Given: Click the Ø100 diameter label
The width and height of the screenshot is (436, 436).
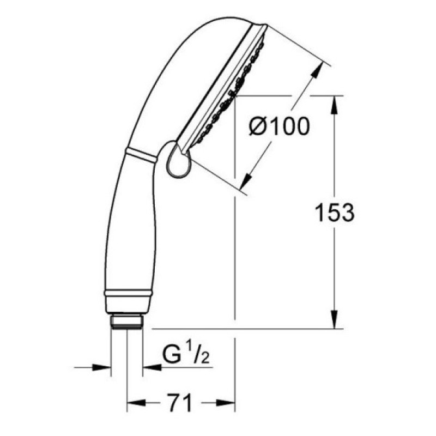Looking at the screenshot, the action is (x=279, y=126).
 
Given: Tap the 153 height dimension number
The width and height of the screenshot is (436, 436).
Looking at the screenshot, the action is (x=335, y=213).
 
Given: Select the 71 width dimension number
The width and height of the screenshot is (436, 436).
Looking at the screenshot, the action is (x=180, y=403).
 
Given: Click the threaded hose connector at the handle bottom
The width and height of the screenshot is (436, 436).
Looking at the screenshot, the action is (x=127, y=322).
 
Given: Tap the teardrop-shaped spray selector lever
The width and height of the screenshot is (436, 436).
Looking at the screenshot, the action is (x=179, y=159).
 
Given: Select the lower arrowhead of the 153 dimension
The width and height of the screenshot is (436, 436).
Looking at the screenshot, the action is (x=335, y=320).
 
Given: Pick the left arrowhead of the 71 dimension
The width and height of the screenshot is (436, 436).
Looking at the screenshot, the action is (x=136, y=403).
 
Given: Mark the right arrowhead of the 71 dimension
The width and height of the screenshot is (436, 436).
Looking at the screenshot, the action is (x=226, y=403).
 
